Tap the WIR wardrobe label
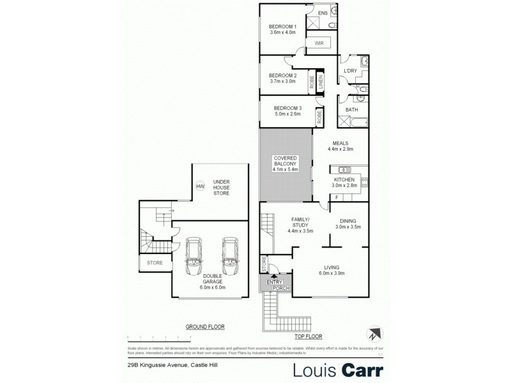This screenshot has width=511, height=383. (317, 43)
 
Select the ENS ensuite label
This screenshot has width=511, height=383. (323, 12)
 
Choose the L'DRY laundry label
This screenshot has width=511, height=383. (349, 70)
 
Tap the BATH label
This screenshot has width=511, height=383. (351, 110)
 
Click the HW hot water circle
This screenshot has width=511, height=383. (200, 186)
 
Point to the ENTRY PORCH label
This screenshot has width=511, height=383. (275, 285)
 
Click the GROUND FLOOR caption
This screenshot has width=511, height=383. (205, 326)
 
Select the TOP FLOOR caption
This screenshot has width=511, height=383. (308, 336)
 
